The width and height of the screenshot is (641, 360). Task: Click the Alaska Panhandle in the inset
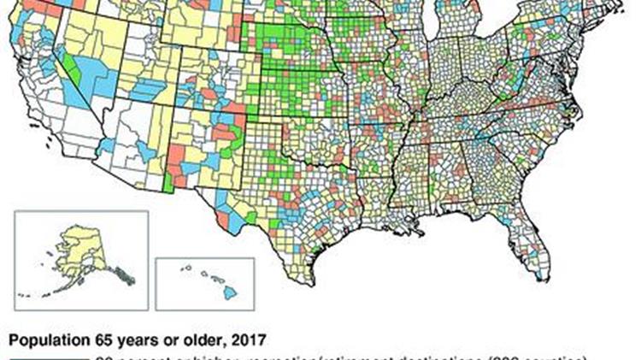[125, 273]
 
